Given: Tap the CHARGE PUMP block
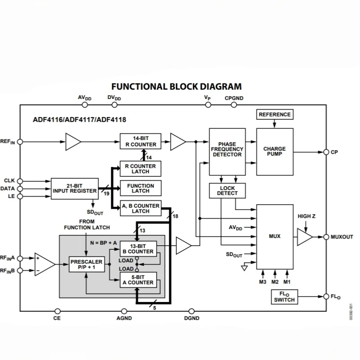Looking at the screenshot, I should coord(274,152).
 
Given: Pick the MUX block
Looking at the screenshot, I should coord(274,236).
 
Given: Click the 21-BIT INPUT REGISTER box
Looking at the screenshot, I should coord(75,188).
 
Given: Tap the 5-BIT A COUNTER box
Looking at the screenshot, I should coord(138,280).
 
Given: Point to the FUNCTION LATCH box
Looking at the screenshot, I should coord(140,188).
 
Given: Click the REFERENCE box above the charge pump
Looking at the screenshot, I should coord(274,115).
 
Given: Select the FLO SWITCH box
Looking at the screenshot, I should coord(284,297).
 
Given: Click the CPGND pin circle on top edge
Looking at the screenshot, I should coord(234,104).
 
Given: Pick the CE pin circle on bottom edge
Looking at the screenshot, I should coord(57,310).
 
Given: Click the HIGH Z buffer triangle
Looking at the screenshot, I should coord(304,237).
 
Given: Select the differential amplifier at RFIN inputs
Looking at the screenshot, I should coord(44,264).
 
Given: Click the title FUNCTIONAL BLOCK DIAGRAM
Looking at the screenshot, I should coord(176,86).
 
